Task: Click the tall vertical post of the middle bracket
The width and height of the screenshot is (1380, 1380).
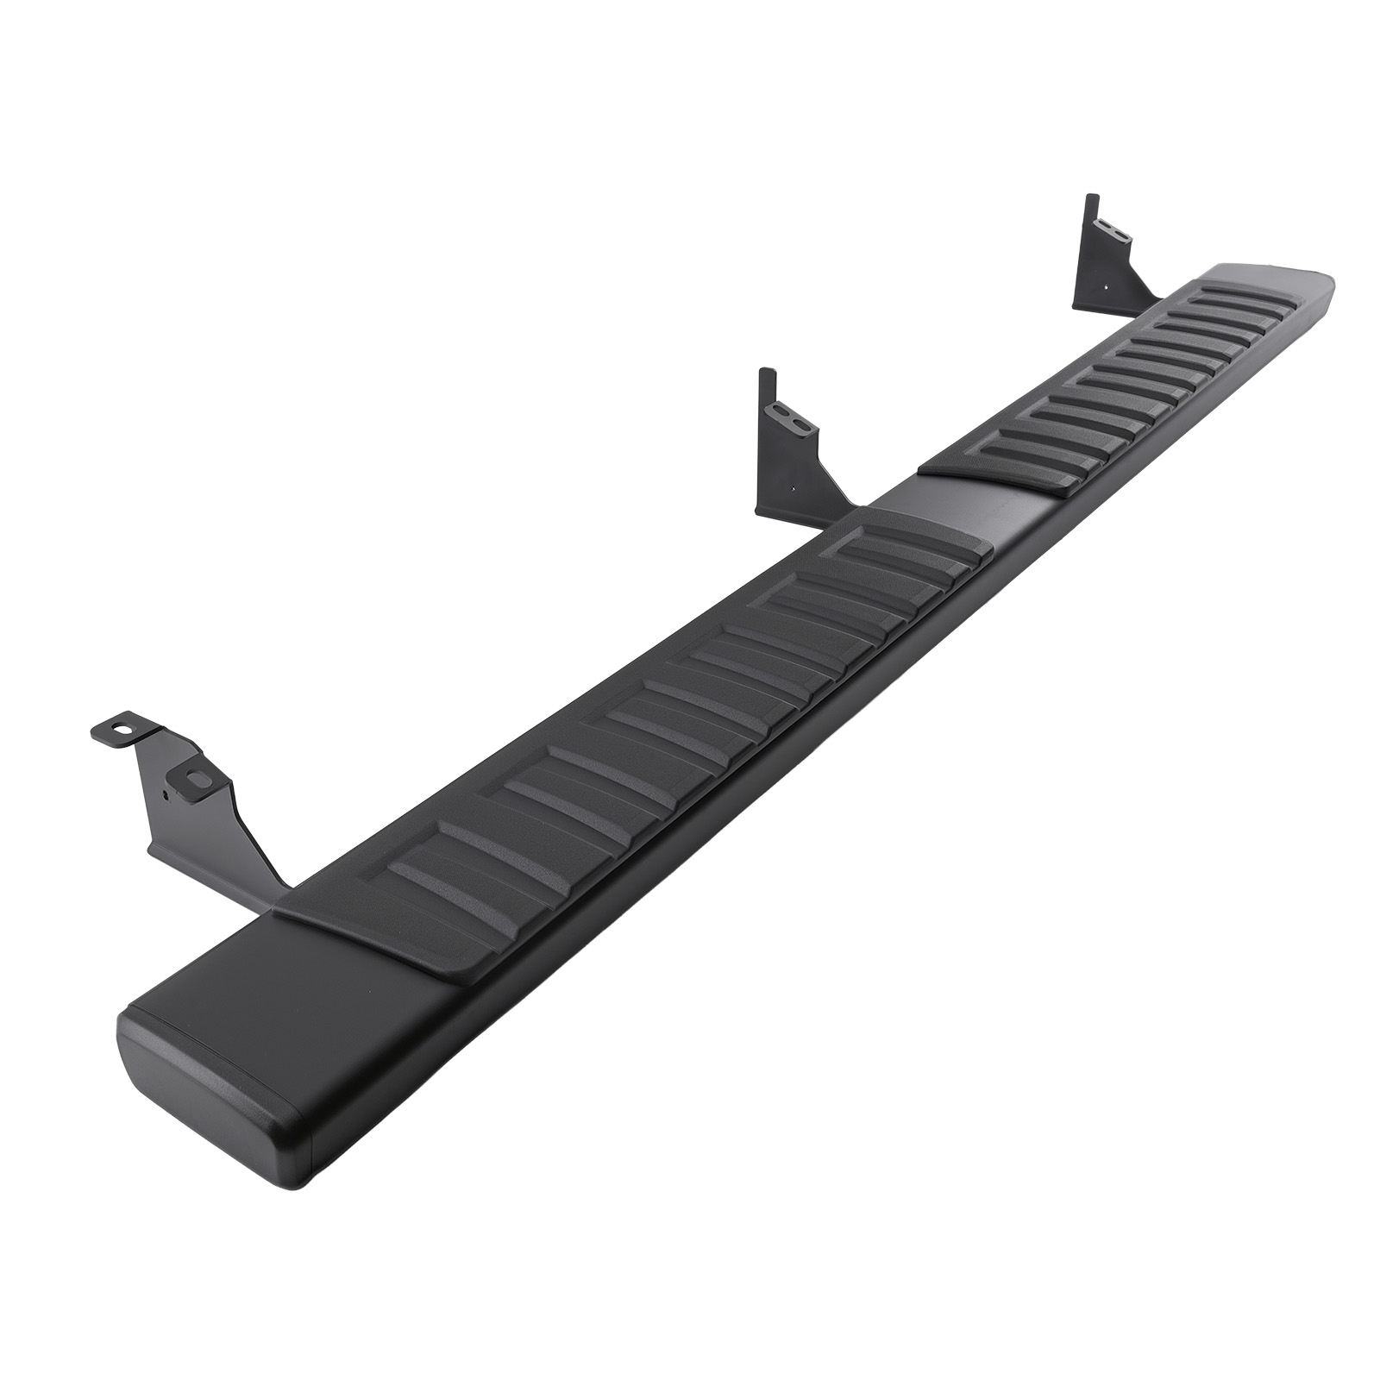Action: pos(765,440)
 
